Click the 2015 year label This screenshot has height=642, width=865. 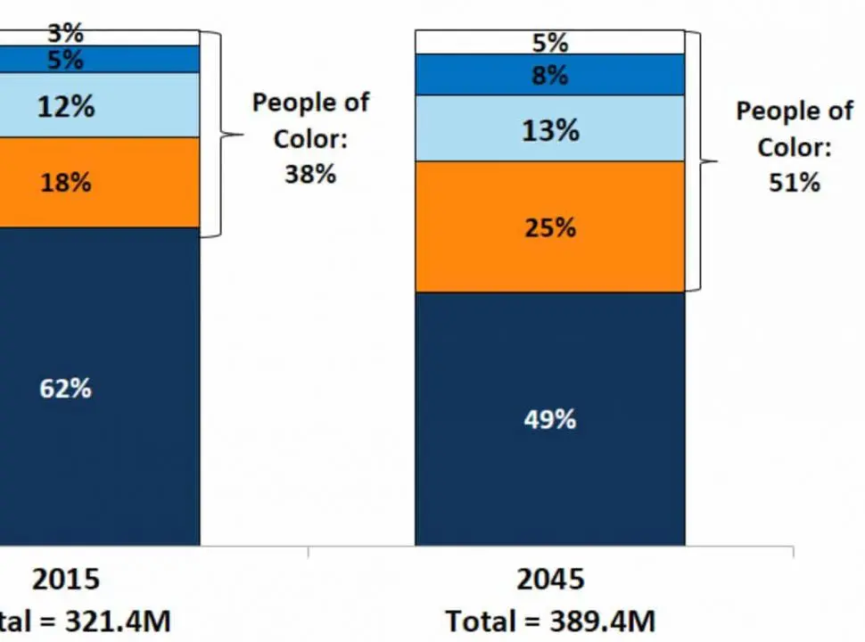(67, 580)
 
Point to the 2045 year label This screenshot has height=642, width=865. (550, 580)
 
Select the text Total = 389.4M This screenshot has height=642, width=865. (550, 621)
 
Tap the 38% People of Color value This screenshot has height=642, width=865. (310, 173)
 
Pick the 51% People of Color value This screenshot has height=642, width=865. (794, 182)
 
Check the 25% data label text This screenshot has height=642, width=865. (549, 227)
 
